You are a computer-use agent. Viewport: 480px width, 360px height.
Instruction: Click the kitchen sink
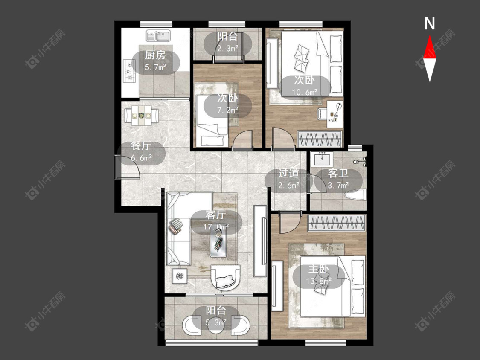point(158,36)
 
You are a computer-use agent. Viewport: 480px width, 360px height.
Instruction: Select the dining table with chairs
point(141,116)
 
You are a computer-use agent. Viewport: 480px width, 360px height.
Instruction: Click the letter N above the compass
point(430,23)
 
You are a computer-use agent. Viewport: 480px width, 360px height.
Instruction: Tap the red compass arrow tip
point(430,36)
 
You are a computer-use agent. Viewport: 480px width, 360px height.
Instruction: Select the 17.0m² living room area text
point(216,227)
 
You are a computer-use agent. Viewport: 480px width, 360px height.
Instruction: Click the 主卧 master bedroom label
point(318,269)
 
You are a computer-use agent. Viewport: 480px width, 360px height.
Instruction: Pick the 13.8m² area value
point(319,281)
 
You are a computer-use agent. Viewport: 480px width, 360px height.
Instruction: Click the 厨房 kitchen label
point(155,55)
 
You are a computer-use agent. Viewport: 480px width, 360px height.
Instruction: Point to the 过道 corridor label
point(288,173)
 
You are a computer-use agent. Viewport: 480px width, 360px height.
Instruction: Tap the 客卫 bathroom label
point(338,173)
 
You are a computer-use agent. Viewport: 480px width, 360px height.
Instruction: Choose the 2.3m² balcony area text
point(228,48)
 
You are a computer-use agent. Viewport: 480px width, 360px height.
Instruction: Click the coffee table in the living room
point(218,242)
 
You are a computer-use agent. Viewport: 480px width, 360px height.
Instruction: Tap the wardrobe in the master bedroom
point(337,223)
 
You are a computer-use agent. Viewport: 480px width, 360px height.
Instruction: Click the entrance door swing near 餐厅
point(128,167)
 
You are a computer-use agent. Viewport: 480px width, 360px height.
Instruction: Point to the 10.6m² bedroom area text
point(305,92)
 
